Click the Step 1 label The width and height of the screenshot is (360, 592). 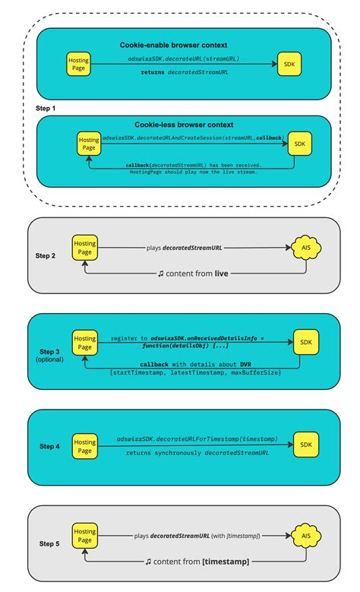click(x=46, y=109)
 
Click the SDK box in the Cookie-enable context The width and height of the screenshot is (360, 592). click(x=288, y=64)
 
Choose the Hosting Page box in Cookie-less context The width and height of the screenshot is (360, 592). click(x=89, y=144)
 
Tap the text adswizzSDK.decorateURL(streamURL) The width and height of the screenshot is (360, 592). click(x=184, y=57)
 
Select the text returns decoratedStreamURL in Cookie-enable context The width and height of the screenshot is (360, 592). click(x=184, y=71)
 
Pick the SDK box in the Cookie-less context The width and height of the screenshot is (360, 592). click(x=301, y=144)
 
